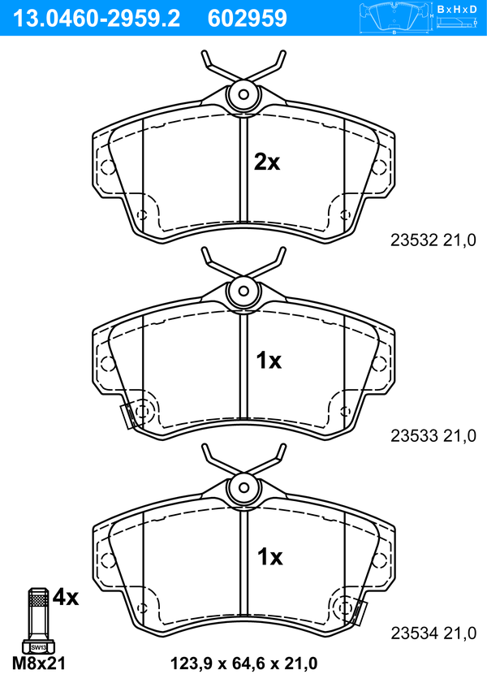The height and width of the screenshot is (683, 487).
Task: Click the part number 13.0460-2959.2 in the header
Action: coord(97,19)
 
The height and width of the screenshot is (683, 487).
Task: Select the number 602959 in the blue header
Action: coord(248,19)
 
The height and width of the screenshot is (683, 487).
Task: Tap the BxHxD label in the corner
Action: coord(457,9)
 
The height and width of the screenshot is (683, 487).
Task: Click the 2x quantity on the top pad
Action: coord(267,162)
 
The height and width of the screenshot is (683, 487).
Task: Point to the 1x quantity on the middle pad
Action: coord(269,361)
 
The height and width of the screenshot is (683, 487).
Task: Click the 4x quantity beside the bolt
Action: coord(65,597)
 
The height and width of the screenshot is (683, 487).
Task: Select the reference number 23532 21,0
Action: coord(433,240)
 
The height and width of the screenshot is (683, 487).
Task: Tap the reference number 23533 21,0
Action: coord(433,435)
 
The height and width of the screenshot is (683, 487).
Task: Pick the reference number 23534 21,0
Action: coord(433,633)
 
